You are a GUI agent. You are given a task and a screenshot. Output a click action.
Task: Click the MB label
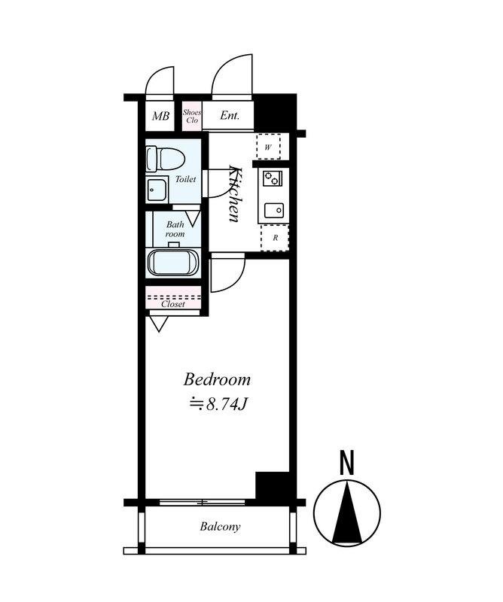[x=160, y=116]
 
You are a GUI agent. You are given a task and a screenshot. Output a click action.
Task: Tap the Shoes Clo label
[x=192, y=116]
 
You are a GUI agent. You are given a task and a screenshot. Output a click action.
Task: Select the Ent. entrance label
[x=230, y=115]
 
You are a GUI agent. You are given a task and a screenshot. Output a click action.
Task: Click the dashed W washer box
[x=268, y=146]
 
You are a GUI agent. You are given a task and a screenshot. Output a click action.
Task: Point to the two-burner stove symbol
[x=272, y=178]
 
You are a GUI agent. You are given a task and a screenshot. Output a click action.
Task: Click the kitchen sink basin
[x=273, y=210]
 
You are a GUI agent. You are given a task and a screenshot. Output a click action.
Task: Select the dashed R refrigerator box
[x=275, y=238]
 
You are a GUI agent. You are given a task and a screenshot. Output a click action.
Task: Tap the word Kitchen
[x=235, y=193]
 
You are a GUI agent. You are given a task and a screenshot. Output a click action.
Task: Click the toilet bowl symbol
[x=166, y=159]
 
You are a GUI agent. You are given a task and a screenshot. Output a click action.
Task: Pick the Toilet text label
[x=185, y=179]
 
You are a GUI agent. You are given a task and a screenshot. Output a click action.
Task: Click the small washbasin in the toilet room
[x=157, y=190]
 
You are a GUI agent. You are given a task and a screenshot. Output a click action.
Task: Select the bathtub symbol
[x=172, y=262]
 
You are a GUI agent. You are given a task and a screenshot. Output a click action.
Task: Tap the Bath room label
[x=175, y=229]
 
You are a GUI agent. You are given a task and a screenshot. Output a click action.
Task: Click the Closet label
[x=173, y=304]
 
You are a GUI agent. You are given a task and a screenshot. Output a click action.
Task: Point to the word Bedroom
[x=217, y=380]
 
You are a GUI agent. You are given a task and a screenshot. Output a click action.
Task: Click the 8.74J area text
[x=218, y=404]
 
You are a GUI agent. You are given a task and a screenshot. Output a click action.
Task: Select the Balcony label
[x=220, y=526]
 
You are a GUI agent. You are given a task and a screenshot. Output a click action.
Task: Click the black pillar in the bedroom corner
[x=273, y=485]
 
